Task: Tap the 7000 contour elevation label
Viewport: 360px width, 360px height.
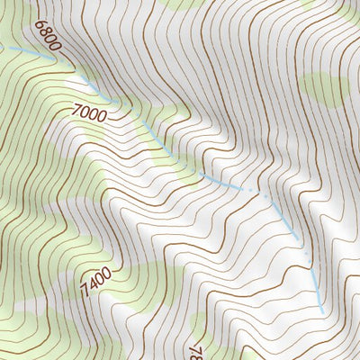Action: click(87, 114)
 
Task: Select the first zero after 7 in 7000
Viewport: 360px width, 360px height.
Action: click(83, 113)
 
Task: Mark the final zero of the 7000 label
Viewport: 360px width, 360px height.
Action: click(100, 117)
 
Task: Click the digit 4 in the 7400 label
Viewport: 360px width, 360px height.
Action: click(88, 286)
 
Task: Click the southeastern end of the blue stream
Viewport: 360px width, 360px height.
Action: click(322, 311)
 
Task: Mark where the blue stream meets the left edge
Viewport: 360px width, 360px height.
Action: click(2, 47)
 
